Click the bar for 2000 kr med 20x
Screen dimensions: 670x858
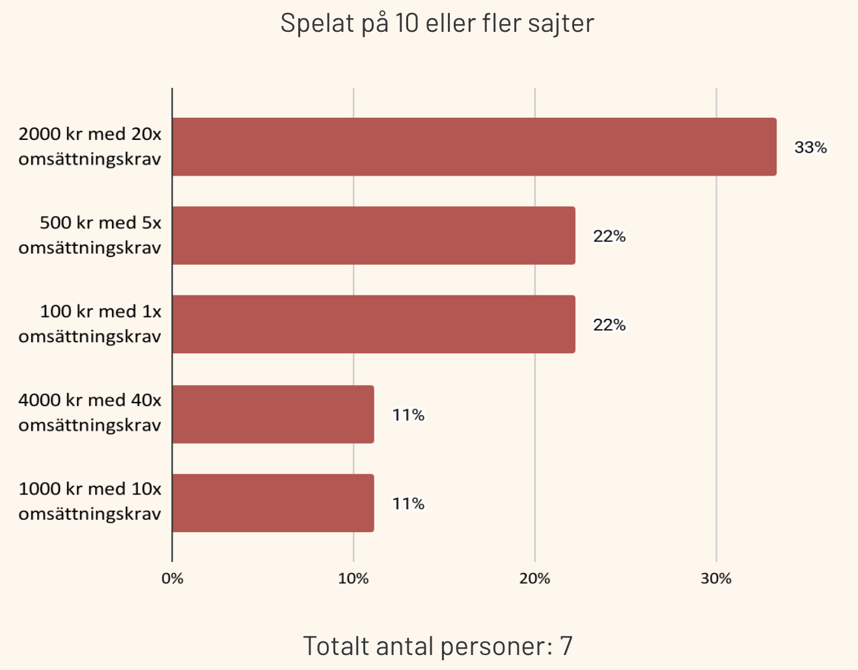click(x=474, y=147)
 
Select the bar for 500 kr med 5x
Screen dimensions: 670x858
click(x=374, y=235)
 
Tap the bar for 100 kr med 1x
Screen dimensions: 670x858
click(x=374, y=325)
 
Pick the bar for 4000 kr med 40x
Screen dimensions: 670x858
click(x=273, y=414)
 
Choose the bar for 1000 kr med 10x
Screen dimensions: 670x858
click(x=273, y=503)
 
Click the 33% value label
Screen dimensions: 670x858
click(x=810, y=148)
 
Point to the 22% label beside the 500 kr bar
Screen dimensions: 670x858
click(x=609, y=236)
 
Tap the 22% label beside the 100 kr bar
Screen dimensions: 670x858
click(x=609, y=325)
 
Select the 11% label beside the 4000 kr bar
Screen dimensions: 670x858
click(x=408, y=415)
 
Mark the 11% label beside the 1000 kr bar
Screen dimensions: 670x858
click(x=408, y=503)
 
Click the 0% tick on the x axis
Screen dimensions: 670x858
click(x=173, y=578)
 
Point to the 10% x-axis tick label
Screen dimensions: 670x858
click(x=353, y=578)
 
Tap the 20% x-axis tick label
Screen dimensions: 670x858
click(x=535, y=578)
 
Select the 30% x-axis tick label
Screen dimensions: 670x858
click(x=716, y=578)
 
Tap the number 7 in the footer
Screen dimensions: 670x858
click(x=566, y=646)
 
